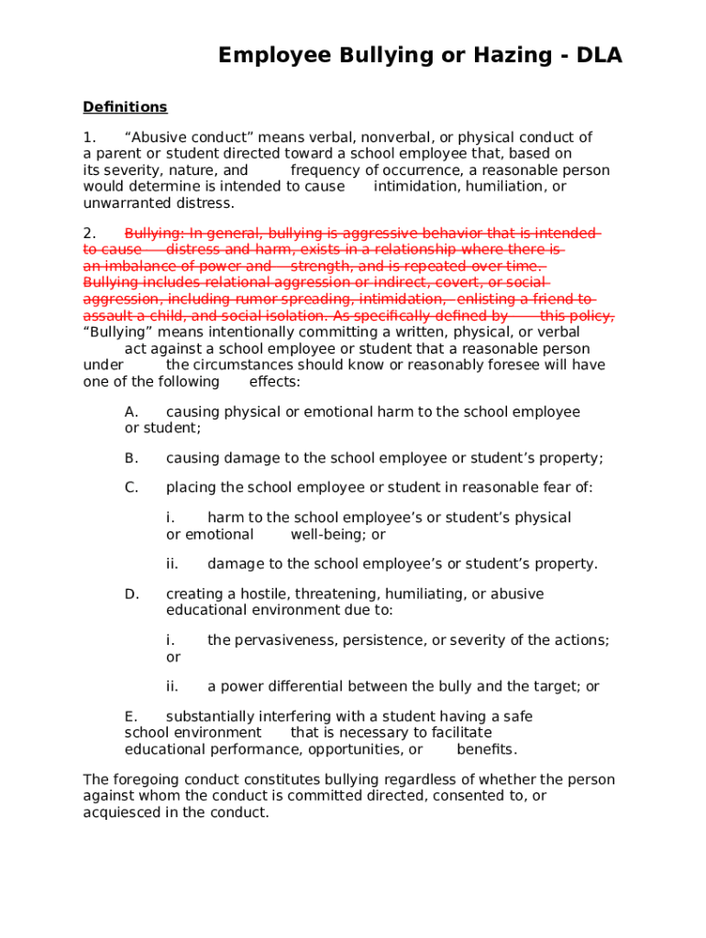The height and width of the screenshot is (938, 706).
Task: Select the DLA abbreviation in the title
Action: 600,56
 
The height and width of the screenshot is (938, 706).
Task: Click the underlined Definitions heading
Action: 125,107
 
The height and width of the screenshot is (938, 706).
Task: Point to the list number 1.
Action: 89,137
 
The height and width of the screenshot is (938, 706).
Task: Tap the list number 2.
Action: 89,234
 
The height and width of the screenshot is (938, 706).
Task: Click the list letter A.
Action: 131,412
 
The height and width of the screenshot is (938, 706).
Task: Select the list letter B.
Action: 131,458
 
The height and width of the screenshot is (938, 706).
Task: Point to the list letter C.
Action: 131,487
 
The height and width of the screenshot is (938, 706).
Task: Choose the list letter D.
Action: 132,594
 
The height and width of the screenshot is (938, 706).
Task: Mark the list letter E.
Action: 130,716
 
